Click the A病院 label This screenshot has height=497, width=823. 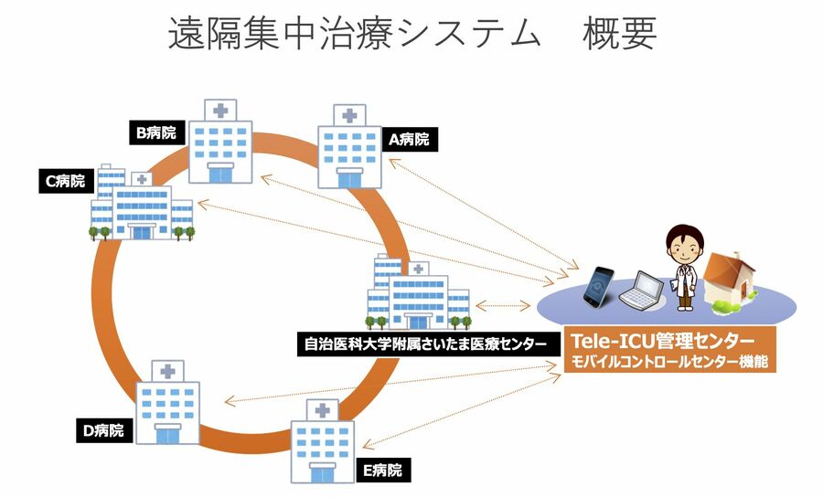409,140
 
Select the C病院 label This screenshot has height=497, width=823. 65,181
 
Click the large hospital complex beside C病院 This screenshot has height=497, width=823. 142,207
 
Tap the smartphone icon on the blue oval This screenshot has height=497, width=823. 599,285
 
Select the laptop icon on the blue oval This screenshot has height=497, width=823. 640,291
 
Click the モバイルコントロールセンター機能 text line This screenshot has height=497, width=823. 668,361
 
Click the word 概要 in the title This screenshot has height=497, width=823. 619,34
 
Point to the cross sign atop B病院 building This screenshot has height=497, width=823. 221,111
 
